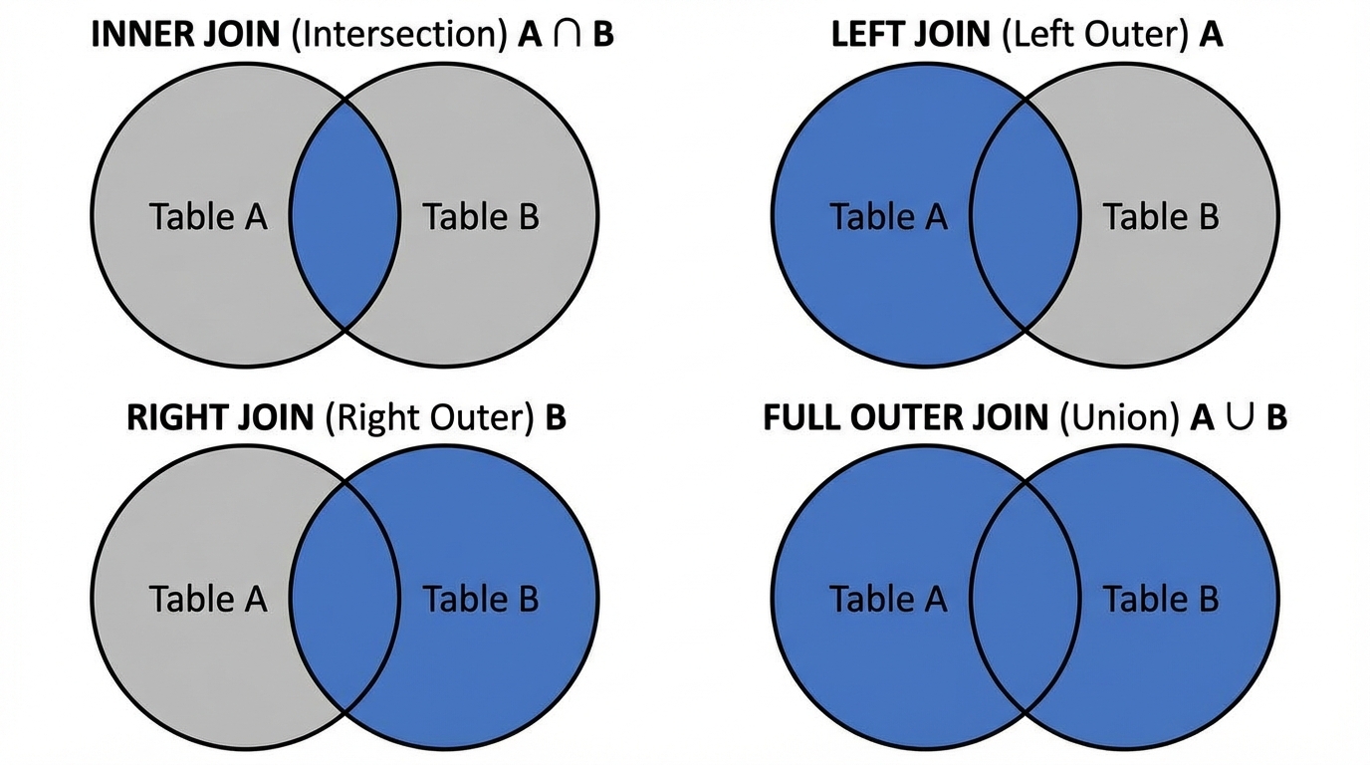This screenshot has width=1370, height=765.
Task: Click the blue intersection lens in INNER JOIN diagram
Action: click(344, 215)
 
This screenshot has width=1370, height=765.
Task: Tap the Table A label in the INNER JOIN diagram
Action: click(208, 216)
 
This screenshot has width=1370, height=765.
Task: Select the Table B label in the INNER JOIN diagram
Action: click(481, 216)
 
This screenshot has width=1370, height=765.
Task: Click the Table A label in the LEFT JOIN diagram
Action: click(888, 216)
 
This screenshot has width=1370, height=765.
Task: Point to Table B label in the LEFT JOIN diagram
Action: click(1161, 216)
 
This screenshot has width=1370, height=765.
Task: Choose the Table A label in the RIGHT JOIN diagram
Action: click(208, 599)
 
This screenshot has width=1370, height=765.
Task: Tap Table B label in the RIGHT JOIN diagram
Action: click(481, 599)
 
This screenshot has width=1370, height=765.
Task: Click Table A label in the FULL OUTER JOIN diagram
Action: click(888, 599)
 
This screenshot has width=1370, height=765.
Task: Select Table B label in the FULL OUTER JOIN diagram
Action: click(1161, 599)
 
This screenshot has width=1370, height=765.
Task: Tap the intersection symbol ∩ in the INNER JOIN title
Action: click(568, 36)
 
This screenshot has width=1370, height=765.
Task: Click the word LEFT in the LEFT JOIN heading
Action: click(867, 35)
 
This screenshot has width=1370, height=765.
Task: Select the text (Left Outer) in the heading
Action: click(1093, 35)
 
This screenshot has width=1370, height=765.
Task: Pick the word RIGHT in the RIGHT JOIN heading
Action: click(174, 417)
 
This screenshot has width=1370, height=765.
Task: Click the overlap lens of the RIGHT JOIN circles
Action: click(344, 598)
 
